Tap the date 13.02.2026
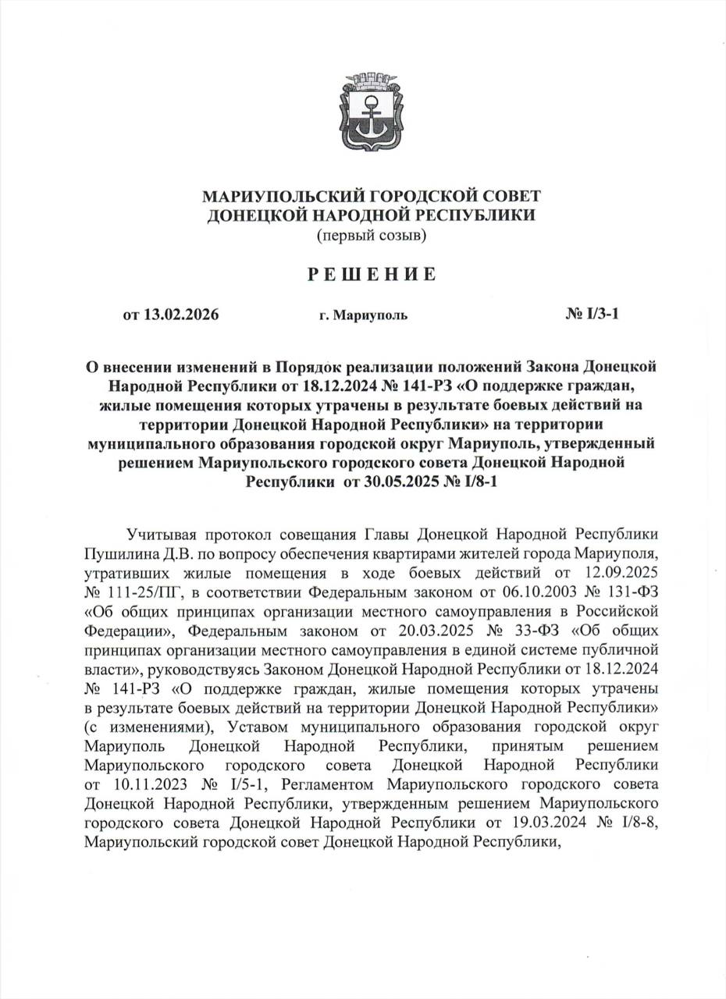(181, 315)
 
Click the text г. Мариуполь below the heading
(362, 316)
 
